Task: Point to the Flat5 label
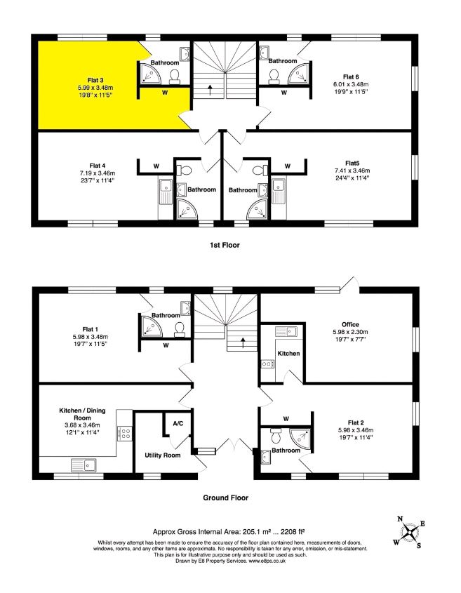coord(351,163)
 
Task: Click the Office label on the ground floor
coord(351,324)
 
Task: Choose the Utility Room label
coord(163,455)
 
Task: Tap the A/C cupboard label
coord(178,423)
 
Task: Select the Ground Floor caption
coord(226,498)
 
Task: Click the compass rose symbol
coord(409,531)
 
